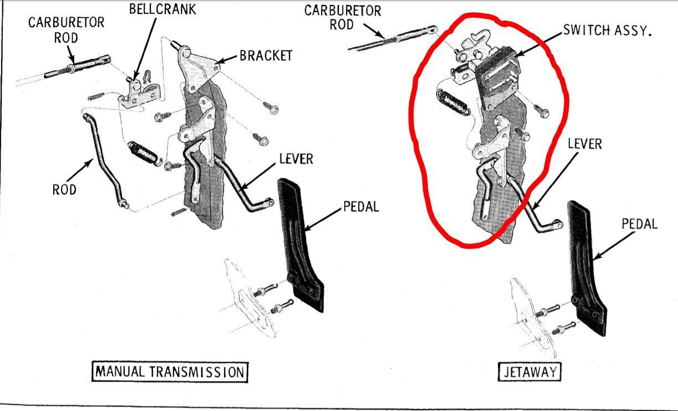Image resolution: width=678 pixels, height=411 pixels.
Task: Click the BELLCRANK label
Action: tap(162, 9)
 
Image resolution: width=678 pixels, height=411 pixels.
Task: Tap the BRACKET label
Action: tap(266, 55)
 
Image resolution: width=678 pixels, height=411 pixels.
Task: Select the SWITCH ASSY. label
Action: tap(607, 31)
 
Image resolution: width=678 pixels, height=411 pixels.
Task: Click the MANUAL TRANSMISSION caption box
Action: tap(170, 372)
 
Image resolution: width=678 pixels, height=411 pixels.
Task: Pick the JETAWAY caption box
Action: tap(529, 372)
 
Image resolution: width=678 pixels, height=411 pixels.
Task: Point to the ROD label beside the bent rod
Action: tap(64, 190)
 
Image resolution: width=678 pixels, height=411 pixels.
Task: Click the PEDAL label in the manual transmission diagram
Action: tap(361, 207)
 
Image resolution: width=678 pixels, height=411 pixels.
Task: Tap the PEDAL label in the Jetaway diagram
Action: tap(640, 224)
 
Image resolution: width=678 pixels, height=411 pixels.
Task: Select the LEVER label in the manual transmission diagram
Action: tap(296, 159)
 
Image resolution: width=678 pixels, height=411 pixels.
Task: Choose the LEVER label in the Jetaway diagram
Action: tap(585, 144)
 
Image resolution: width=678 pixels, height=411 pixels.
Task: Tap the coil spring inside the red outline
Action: tap(452, 103)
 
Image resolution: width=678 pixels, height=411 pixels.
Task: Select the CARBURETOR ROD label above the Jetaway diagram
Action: tap(343, 18)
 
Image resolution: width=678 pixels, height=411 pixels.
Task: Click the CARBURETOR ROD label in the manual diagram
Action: tap(66, 30)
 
